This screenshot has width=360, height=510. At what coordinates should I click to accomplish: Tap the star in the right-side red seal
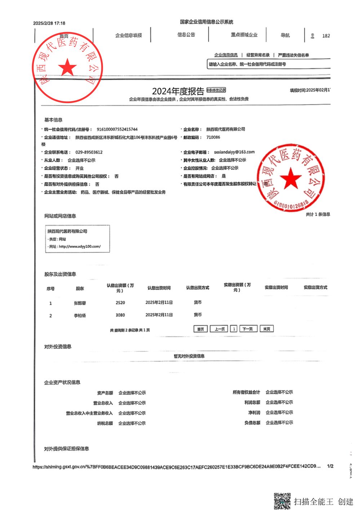pyautogui.click(x=290, y=178)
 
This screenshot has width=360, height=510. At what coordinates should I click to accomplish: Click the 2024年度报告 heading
pyautogui.click(x=178, y=91)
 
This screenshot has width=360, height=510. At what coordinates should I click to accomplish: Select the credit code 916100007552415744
pyautogui.click(x=117, y=129)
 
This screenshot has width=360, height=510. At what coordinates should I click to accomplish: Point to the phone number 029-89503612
pyautogui.click(x=89, y=152)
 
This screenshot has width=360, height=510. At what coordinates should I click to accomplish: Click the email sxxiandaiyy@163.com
pyautogui.click(x=234, y=152)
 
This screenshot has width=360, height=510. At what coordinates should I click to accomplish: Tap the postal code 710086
pyautogui.click(x=213, y=137)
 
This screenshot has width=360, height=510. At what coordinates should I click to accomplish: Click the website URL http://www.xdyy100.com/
pyautogui.click(x=80, y=247)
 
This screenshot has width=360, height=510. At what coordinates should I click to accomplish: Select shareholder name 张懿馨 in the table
pyautogui.click(x=80, y=303)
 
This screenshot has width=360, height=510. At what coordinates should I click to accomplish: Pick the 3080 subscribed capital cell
pyautogui.click(x=120, y=315)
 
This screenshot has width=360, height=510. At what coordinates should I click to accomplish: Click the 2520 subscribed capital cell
pyautogui.click(x=120, y=303)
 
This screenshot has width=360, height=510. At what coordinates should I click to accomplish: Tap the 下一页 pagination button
pyautogui.click(x=247, y=329)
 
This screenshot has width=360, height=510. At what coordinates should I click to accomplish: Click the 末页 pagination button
pyautogui.click(x=267, y=329)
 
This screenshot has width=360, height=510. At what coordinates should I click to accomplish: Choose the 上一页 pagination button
pyautogui.click(x=219, y=329)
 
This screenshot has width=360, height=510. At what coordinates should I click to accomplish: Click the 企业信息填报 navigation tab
pyautogui.click(x=128, y=35)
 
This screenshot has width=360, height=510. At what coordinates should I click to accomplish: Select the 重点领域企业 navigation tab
pyautogui.click(x=244, y=35)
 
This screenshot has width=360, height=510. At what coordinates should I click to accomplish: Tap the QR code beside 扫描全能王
pyautogui.click(x=282, y=501)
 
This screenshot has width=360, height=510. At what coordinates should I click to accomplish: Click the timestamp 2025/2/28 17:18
pyautogui.click(x=49, y=23)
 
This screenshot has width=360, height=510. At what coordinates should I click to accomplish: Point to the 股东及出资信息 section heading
pyautogui.click(x=60, y=274)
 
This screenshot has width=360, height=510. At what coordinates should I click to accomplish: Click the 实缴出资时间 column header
pyautogui.click(x=276, y=287)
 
